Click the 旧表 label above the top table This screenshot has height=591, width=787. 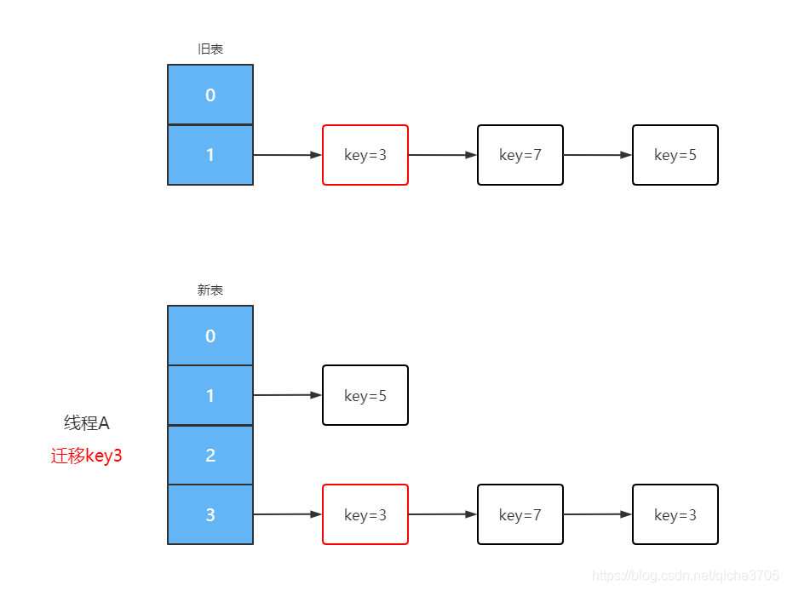(210, 49)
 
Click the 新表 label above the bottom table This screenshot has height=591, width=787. (210, 290)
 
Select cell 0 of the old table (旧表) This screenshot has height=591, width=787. (210, 95)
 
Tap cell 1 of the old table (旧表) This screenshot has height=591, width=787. (210, 155)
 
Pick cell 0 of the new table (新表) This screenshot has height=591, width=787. (210, 336)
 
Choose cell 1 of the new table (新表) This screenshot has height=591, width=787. (210, 395)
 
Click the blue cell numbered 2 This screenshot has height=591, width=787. (210, 455)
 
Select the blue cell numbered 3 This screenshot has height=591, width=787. (210, 514)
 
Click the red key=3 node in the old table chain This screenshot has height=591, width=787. (365, 155)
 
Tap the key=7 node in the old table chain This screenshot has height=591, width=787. (520, 155)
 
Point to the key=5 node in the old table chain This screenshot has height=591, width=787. (675, 155)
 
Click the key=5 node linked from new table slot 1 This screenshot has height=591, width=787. (365, 395)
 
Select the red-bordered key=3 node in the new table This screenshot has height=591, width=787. (365, 514)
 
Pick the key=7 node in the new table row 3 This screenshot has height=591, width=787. (520, 514)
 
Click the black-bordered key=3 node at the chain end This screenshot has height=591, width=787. (675, 514)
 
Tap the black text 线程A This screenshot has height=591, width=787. (87, 423)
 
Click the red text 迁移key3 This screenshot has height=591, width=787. (87, 456)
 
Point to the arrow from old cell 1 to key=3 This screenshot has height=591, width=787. (287, 155)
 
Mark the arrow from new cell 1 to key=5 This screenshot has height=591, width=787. (287, 395)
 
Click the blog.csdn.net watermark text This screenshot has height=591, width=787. (686, 577)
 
